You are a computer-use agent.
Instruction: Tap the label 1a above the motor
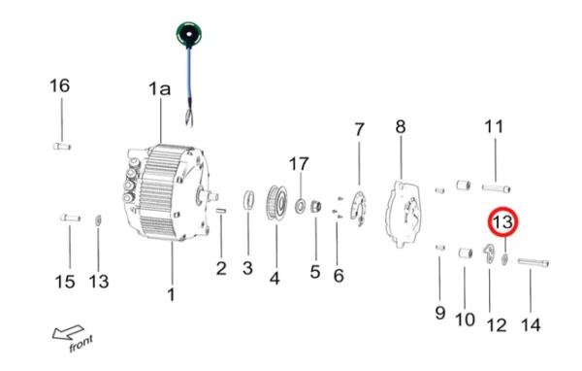159,89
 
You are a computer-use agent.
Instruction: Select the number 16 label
60,85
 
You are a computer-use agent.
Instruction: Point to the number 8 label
399,126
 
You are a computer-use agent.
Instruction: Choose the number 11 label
495,126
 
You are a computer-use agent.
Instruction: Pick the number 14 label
531,324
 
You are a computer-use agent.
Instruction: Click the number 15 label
64,282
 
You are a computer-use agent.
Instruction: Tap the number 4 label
275,278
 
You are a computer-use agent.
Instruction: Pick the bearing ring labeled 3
247,202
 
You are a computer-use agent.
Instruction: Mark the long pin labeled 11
495,186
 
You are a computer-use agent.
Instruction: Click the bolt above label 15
67,217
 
